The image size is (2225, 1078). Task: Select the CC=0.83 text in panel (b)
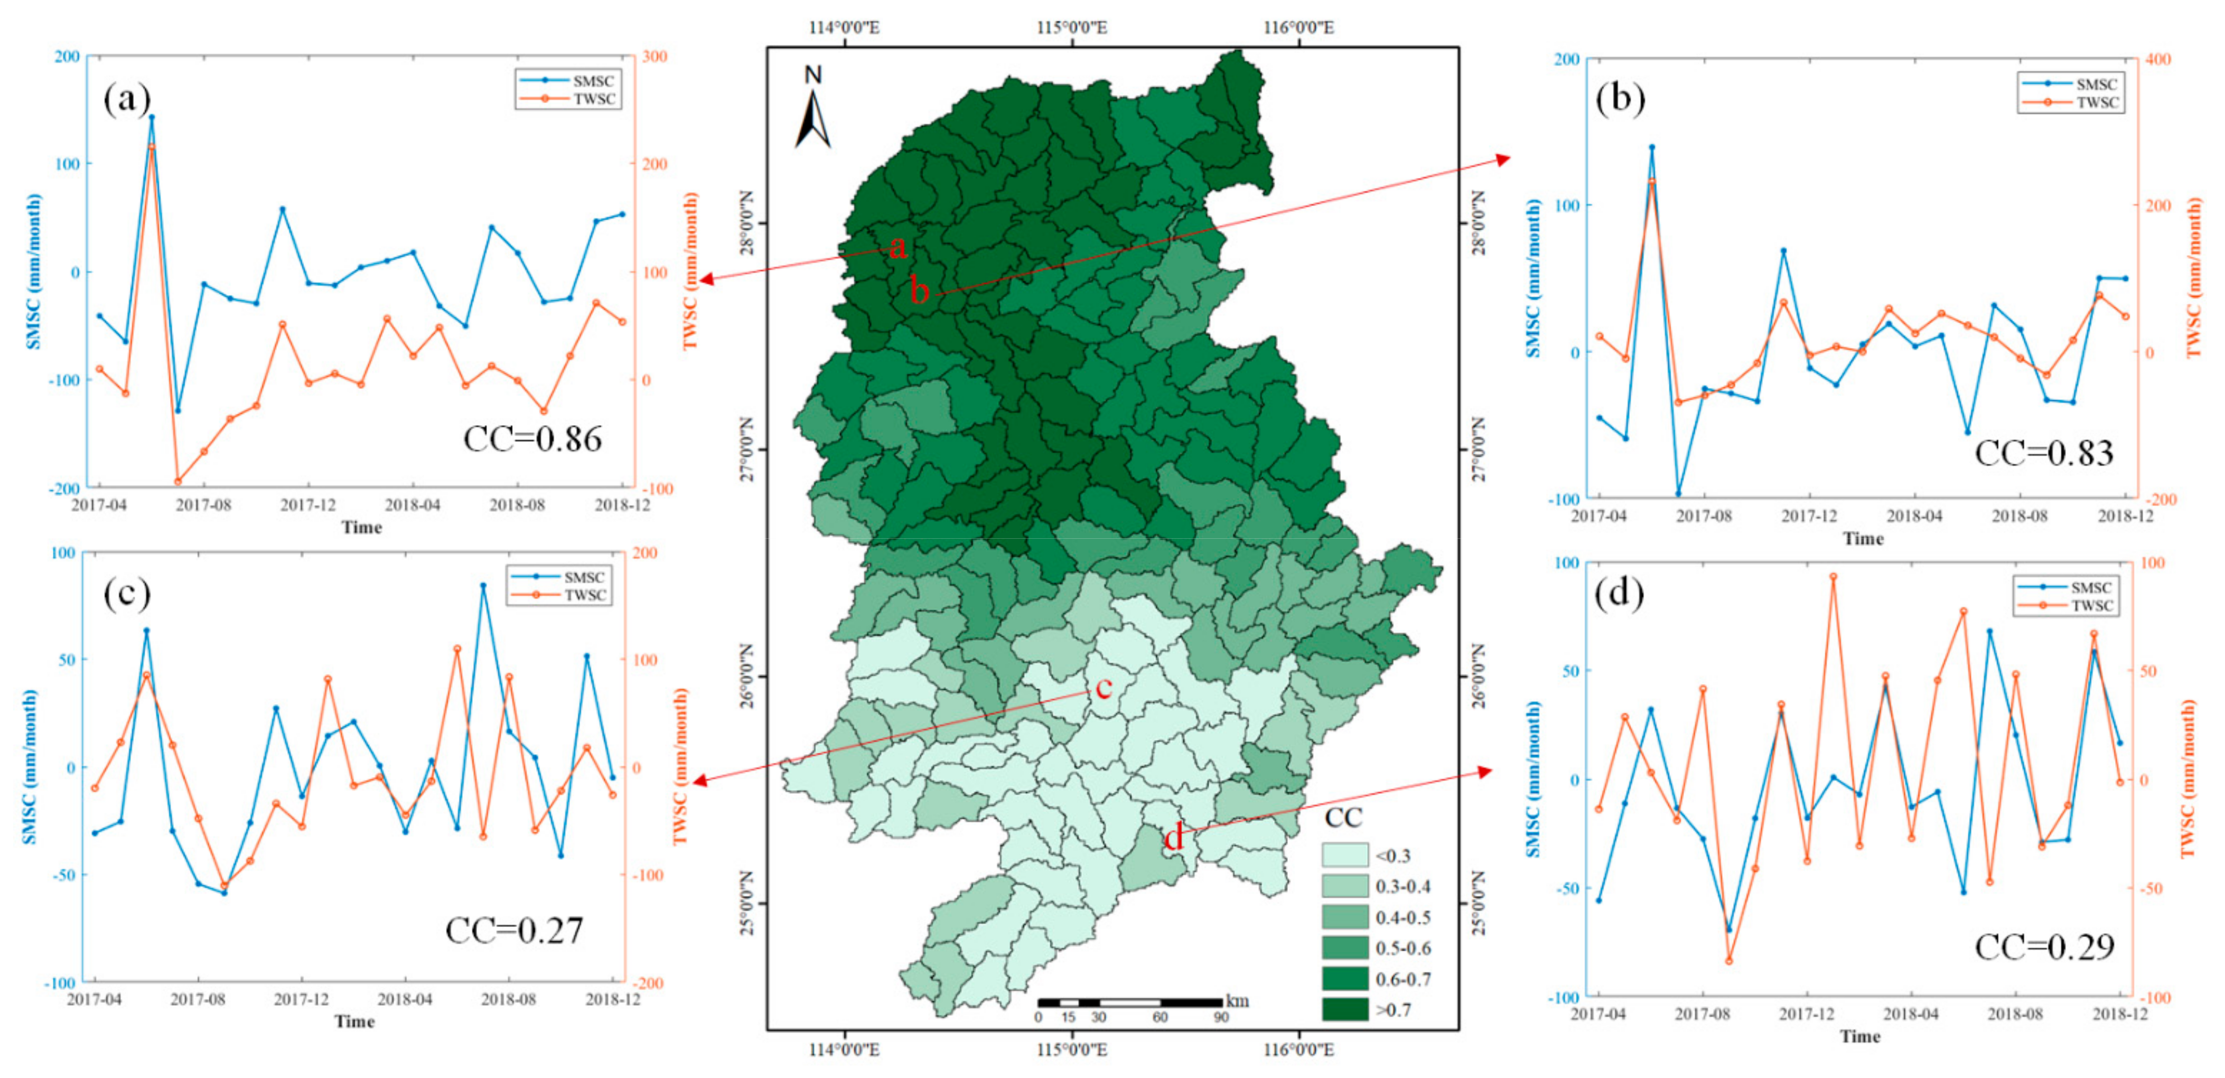point(2044,453)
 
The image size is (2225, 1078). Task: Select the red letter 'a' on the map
point(898,248)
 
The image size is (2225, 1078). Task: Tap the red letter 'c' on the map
point(1103,688)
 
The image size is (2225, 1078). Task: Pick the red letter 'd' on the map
point(1173,837)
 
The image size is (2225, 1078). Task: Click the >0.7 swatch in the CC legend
point(1344,1009)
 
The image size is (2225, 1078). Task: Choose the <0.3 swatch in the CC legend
point(1344,855)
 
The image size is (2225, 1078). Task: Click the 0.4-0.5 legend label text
point(1403,917)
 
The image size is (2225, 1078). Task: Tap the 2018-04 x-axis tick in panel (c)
point(404,999)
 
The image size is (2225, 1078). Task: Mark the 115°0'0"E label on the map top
point(1071,27)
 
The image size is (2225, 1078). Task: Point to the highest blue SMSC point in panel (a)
point(151,117)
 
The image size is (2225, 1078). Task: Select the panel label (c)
point(127,594)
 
